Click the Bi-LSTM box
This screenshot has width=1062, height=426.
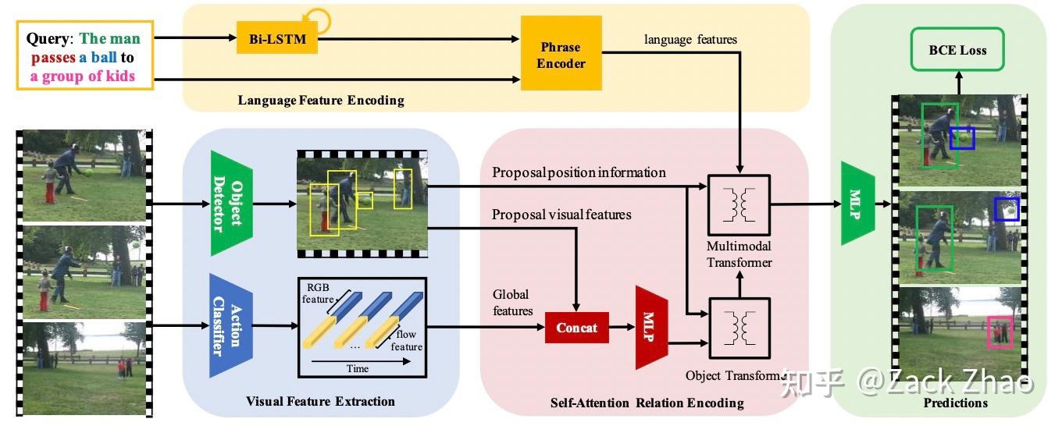(277, 38)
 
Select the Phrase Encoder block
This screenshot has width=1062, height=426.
(561, 53)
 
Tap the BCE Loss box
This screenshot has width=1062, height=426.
(957, 50)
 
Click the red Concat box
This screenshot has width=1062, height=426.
(576, 328)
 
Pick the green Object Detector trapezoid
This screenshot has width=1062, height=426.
(231, 204)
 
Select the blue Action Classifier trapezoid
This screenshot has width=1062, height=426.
(231, 325)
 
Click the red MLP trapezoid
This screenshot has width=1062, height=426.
(651, 327)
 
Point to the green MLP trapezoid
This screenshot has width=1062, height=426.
(857, 204)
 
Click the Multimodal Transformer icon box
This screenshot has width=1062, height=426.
(739, 204)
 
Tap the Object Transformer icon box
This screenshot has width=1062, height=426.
(739, 328)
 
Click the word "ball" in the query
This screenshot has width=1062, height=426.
(104, 57)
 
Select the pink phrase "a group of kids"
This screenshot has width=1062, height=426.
(83, 76)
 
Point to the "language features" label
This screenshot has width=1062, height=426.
(690, 39)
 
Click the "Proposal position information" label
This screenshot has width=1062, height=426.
(579, 172)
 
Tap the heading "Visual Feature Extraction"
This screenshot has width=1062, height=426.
(320, 401)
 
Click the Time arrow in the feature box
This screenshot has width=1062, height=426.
(361, 361)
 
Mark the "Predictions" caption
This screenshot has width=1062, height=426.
(955, 403)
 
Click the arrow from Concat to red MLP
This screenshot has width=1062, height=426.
(622, 327)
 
